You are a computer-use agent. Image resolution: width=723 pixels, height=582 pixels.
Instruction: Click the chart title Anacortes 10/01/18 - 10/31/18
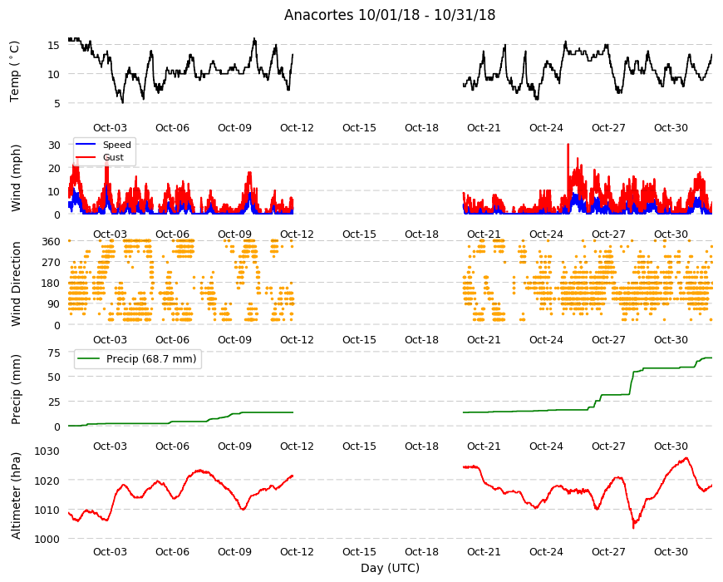[x=390, y=15]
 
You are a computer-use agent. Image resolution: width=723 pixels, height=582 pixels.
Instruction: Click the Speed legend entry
[x=103, y=145]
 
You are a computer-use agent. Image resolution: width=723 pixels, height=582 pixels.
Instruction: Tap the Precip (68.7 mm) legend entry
[x=137, y=358]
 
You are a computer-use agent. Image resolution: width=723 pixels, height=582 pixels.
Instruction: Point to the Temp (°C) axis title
[x=15, y=72]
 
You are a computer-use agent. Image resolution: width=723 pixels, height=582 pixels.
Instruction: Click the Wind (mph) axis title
[x=16, y=178]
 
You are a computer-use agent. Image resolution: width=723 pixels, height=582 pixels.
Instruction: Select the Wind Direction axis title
[x=16, y=284]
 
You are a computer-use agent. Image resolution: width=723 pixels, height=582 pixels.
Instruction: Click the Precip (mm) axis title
[x=16, y=389]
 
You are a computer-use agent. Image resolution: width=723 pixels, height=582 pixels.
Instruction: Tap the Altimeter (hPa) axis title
[x=16, y=496]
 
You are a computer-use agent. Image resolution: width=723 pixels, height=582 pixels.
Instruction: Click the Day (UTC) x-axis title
[x=390, y=568]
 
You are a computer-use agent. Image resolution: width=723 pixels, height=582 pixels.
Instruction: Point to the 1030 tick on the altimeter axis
[x=47, y=451]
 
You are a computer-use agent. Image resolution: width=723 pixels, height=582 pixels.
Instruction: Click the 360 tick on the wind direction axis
[x=51, y=241]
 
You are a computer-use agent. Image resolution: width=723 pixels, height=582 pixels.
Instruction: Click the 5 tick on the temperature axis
[x=57, y=103]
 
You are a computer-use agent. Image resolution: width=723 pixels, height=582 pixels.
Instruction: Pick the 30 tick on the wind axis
[x=54, y=145]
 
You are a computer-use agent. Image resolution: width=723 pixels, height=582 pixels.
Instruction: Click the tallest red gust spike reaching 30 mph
[x=568, y=145]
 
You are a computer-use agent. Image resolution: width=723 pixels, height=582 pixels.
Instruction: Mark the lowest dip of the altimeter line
[x=633, y=528]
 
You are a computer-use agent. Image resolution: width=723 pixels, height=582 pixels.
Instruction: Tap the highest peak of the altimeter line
[x=686, y=458]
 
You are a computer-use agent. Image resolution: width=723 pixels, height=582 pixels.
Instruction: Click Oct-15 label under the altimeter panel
[x=359, y=551]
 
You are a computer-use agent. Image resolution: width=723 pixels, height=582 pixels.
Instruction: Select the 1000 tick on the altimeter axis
[x=47, y=539]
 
